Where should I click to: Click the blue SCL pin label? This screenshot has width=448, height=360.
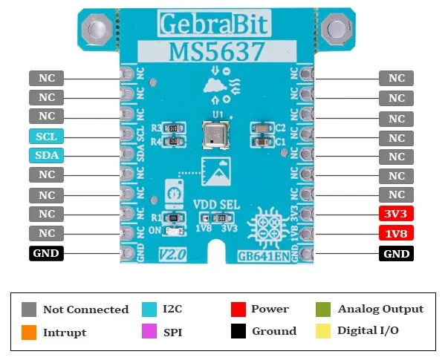click(x=47, y=137)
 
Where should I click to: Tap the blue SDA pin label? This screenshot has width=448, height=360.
click(x=47, y=156)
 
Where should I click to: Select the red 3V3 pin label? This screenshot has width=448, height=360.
click(x=397, y=215)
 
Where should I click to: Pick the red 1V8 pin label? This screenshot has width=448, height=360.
click(x=397, y=234)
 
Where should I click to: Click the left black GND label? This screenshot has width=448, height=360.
click(x=47, y=253)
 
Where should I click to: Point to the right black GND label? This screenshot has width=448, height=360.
click(x=397, y=253)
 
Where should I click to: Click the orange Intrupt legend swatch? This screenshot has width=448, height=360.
click(x=29, y=332)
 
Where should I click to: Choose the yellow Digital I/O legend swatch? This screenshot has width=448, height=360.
click(x=324, y=332)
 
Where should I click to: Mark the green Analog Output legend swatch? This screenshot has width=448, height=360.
click(x=324, y=310)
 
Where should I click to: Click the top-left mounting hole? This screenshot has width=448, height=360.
click(x=97, y=30)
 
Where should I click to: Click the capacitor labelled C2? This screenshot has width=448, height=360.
click(x=262, y=128)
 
